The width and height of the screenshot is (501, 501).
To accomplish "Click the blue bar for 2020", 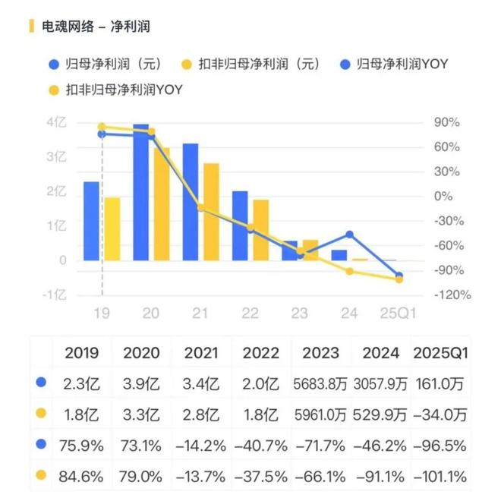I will pyautogui.click(x=140, y=193).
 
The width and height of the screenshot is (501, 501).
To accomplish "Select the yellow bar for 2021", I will pyautogui.click(x=211, y=212).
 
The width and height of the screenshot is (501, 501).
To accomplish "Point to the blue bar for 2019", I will pyautogui.click(x=91, y=221).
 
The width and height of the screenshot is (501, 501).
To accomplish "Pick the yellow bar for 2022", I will pyautogui.click(x=260, y=230).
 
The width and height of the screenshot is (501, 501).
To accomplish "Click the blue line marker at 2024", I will pyautogui.click(x=349, y=235).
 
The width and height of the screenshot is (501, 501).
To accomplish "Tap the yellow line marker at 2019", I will pyautogui.click(x=102, y=127).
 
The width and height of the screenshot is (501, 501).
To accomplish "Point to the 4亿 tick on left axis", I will pyautogui.click(x=56, y=122).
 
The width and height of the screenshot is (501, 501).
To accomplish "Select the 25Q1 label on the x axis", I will pyautogui.click(x=398, y=312).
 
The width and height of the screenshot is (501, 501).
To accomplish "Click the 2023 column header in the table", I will pyautogui.click(x=320, y=353).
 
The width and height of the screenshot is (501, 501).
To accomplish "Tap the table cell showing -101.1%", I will pyautogui.click(x=440, y=477).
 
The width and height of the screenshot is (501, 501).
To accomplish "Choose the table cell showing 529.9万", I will pyautogui.click(x=380, y=415).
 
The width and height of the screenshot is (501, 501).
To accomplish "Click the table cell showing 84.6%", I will pyautogui.click(x=81, y=477).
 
